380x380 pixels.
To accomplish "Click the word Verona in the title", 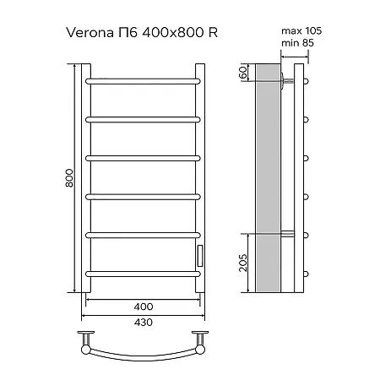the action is tap(90, 33).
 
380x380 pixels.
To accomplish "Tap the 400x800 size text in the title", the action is tap(173, 33).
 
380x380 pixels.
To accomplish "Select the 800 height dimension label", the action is tap(69, 178).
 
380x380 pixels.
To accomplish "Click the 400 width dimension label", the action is tap(144, 307).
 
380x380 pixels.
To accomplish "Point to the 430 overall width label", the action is tap(144, 322).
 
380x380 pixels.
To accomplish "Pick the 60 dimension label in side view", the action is tap(242, 73).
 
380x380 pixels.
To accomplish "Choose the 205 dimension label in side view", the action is tap(243, 263).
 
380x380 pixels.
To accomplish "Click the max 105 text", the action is tap(301, 30).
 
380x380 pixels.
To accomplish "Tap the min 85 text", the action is tap(297, 43).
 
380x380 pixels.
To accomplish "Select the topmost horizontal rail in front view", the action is tap(143, 81).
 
